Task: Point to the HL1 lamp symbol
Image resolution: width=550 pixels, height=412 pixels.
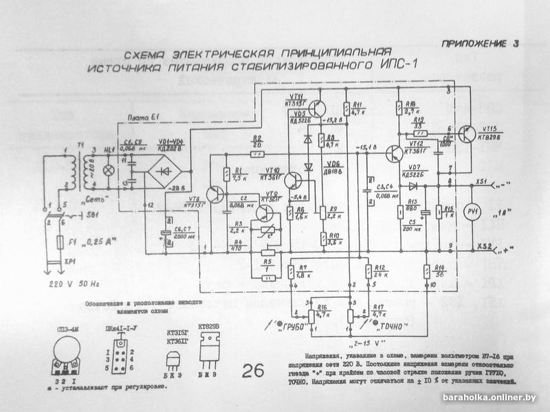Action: point(107,169)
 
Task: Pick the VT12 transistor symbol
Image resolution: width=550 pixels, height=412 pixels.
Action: point(394,153)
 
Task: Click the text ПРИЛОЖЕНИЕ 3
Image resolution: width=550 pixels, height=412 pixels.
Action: point(478,44)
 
